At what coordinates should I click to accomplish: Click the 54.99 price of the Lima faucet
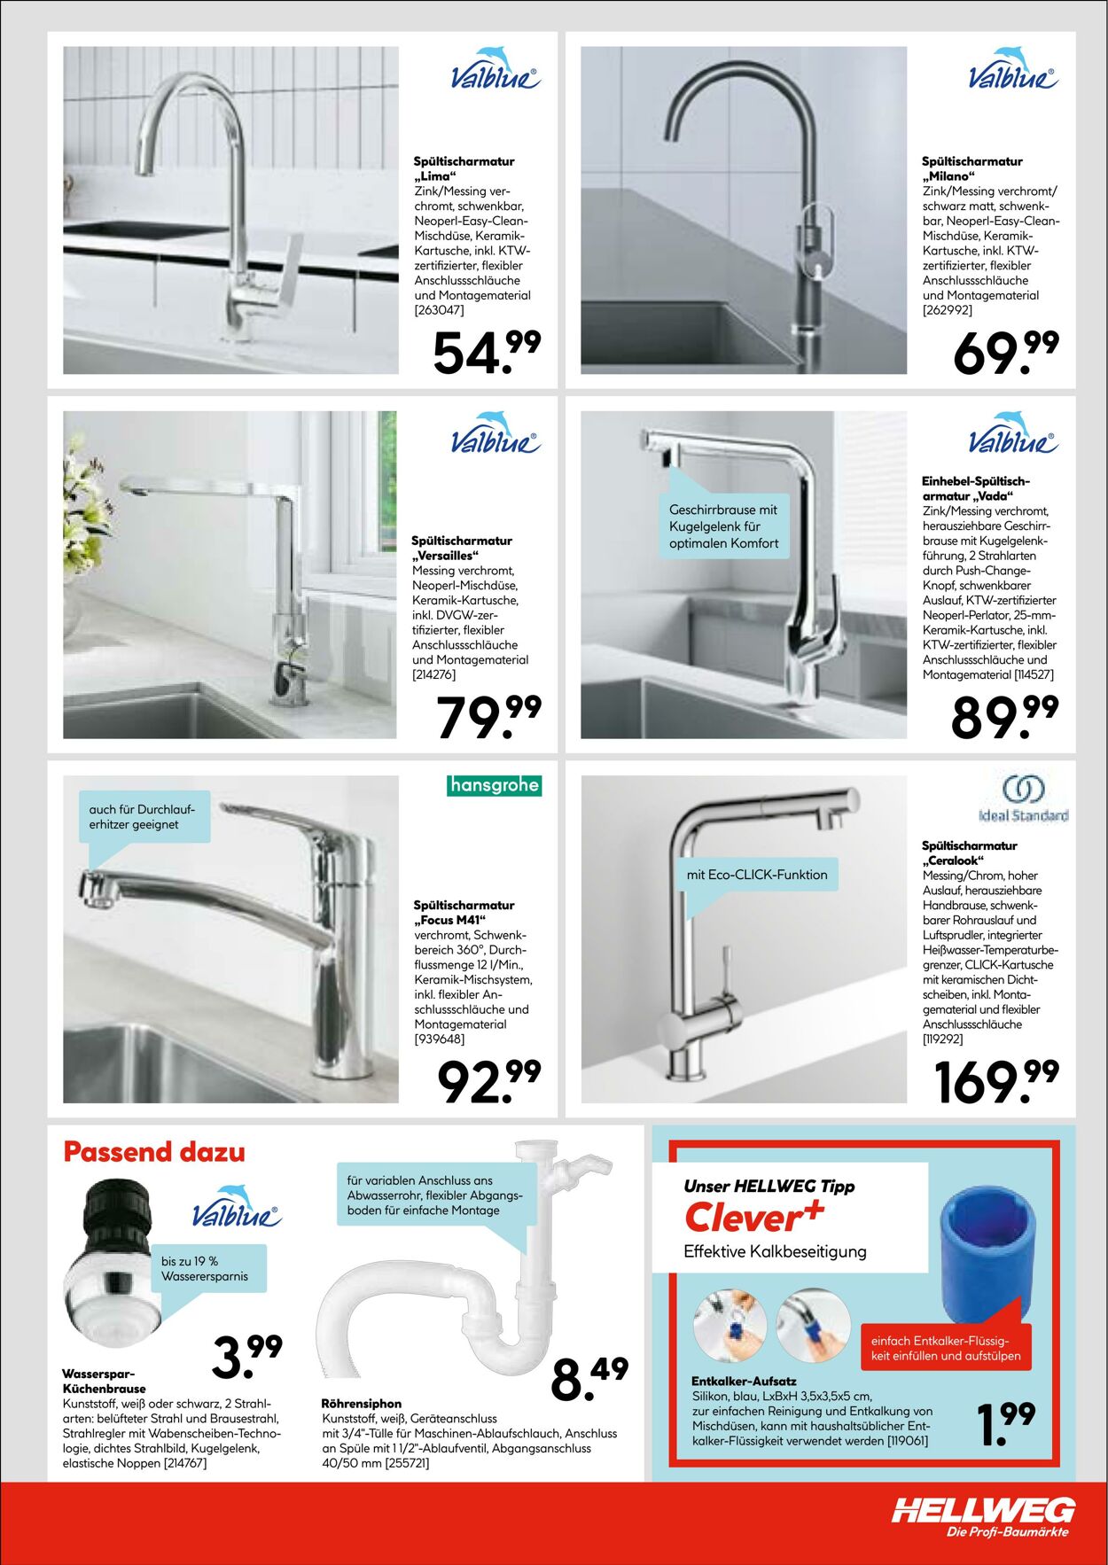coord(487,352)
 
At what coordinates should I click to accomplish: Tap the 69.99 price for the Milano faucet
coord(1005,352)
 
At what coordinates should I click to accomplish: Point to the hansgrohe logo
coord(494,785)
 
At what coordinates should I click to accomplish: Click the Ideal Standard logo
coord(1023,799)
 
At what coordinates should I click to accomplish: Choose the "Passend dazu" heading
coord(154,1152)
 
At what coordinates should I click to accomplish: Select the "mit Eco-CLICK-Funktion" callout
coord(756,875)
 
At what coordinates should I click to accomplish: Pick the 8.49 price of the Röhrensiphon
coord(589,1379)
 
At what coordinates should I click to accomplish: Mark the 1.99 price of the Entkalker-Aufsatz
coord(1005,1422)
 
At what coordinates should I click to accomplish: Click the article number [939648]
coord(440,1039)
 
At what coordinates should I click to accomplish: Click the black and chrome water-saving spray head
coord(111,1258)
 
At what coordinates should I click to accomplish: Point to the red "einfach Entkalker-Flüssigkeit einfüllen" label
coord(945,1348)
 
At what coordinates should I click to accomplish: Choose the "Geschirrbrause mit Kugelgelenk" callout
coord(723,526)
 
